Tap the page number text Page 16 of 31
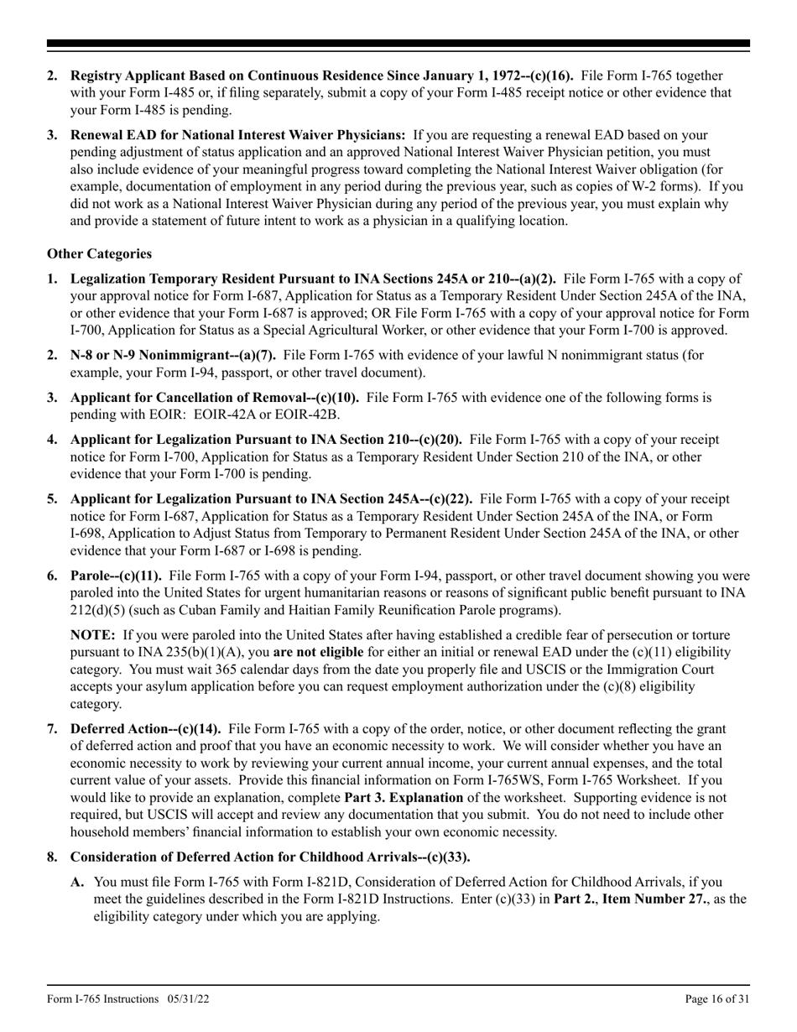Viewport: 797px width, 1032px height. [x=717, y=998]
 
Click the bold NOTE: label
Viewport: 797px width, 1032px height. [x=93, y=634]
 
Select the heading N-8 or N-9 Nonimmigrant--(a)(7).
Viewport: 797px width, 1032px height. [x=175, y=355]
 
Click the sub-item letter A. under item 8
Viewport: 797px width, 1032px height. [x=77, y=882]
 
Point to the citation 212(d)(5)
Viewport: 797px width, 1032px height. [x=102, y=609]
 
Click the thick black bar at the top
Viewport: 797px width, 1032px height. [x=398, y=44]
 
